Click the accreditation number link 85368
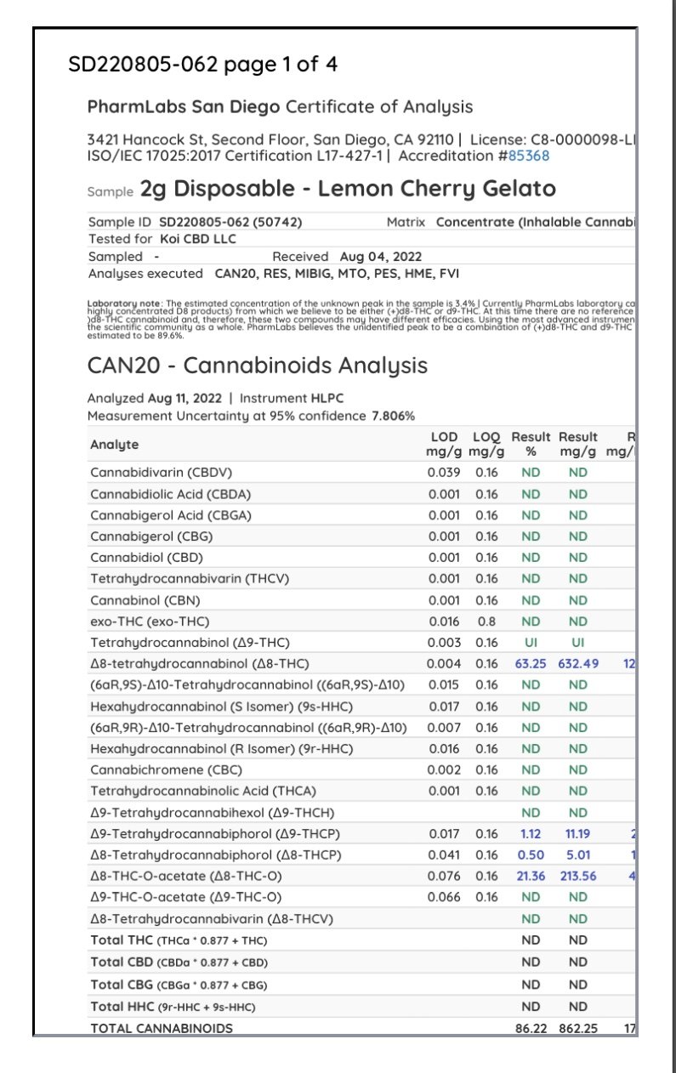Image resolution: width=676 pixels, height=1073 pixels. coord(529,156)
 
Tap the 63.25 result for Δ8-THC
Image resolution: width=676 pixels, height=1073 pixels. coord(531,663)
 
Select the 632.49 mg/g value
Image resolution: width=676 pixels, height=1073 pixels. coord(578,663)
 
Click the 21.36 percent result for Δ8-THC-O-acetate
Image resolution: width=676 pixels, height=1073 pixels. coord(531,876)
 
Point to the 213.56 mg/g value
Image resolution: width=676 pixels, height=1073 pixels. coord(578,876)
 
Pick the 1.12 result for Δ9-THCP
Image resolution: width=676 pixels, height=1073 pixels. coord(531,833)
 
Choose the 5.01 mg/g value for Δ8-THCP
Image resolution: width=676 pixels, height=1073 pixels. coord(578,854)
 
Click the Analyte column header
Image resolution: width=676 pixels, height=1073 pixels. coord(114,445)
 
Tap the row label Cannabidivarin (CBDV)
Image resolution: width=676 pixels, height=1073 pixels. coord(161,472)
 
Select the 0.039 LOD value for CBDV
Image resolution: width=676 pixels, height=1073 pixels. coord(443,472)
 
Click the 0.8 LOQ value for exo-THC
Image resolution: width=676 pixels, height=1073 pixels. coord(487,621)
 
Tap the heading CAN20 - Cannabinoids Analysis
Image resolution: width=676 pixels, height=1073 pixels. coord(257,366)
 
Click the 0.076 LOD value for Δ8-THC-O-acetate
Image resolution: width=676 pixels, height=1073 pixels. coord(443,876)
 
